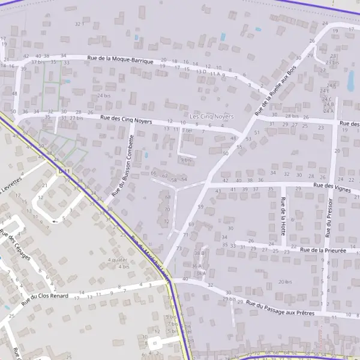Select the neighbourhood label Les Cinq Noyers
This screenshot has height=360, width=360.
[x=211, y=116]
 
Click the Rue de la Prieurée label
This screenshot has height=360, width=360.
[x=323, y=250]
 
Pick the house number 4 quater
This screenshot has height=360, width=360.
[x=117, y=260]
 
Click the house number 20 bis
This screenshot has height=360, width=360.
[x=284, y=281]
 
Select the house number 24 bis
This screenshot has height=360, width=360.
[x=104, y=95]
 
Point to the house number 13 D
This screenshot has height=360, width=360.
[x=201, y=71]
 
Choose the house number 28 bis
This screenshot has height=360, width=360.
[x=292, y=116]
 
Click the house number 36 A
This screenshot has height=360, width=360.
[x=197, y=266]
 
